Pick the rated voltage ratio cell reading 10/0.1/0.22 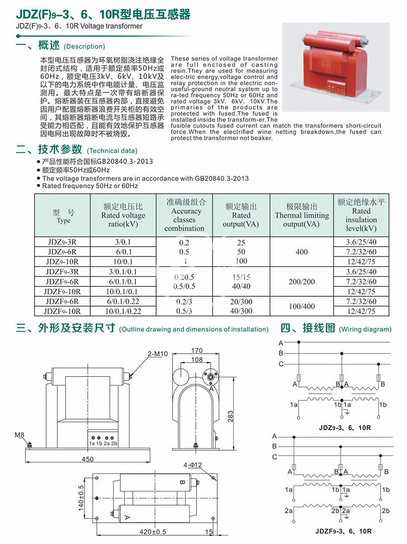(x=123, y=311)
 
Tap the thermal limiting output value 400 (x=302, y=252)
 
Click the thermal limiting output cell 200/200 (x=302, y=282)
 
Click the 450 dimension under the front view (x=87, y=459)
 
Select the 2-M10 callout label (x=158, y=353)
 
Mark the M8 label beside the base (x=19, y=435)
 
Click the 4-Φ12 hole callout (x=193, y=465)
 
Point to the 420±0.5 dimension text (x=153, y=531)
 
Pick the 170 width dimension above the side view (x=197, y=350)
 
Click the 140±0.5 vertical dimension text (x=81, y=498)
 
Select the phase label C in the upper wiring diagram (x=281, y=364)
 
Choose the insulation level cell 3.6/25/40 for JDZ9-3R (x=360, y=242)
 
